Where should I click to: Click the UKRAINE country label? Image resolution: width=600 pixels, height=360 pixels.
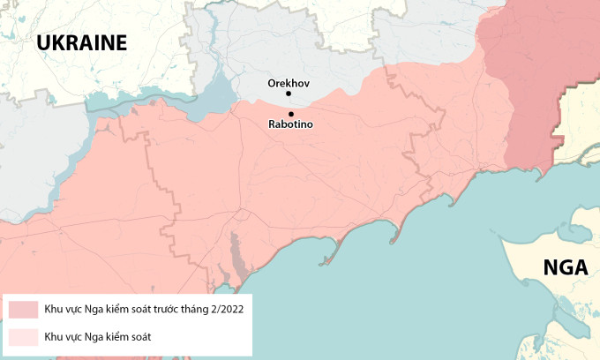(82, 42)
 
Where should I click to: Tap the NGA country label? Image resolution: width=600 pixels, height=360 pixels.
(565, 267)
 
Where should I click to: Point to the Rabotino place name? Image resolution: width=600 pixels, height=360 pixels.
(290, 125)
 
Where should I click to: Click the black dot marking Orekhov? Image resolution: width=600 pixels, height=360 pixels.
(291, 95)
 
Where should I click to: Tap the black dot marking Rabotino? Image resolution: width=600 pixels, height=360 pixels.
(291, 113)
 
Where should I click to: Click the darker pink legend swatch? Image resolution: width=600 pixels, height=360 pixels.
(24, 310)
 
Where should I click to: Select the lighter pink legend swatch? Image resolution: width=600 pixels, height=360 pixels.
(24, 336)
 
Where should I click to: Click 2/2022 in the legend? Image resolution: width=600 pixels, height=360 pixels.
(223, 310)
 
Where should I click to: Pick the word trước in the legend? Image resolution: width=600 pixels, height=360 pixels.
(154, 310)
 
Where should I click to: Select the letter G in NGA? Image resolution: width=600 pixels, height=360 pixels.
(565, 267)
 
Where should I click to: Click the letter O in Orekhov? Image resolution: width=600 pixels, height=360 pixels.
(273, 83)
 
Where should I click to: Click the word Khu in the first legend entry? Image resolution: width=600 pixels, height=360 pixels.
(54, 310)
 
